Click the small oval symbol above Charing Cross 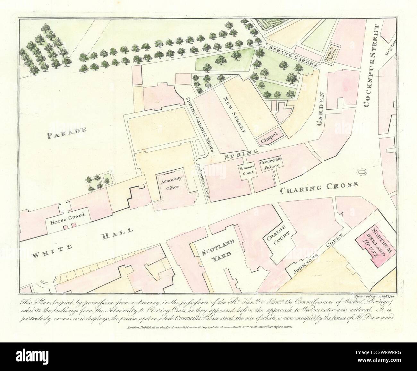(362, 172)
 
